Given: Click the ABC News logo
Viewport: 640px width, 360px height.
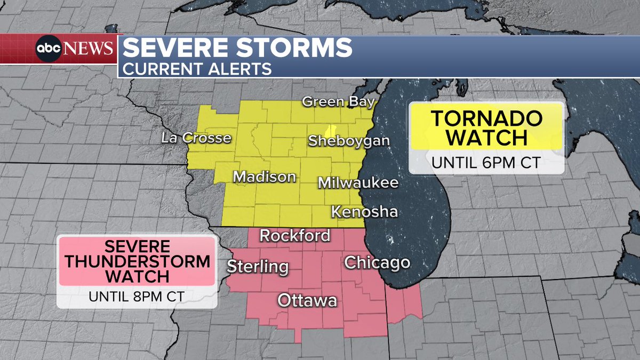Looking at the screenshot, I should click(75, 49).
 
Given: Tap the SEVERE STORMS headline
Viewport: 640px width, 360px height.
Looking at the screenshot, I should click(237, 49).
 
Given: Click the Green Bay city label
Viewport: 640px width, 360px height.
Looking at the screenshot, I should click(339, 102).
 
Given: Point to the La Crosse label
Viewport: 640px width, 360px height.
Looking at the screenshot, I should click(196, 138).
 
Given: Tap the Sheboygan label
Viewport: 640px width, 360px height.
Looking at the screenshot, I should click(349, 141).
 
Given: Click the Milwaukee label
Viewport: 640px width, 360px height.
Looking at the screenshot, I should click(358, 183).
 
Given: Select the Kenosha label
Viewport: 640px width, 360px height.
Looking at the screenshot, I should click(364, 212).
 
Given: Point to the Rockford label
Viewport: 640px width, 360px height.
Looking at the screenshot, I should click(294, 235).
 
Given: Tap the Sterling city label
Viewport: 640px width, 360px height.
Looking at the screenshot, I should click(258, 266).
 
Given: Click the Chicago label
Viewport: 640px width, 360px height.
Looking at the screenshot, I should click(377, 262).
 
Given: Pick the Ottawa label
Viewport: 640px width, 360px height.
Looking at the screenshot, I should click(307, 301).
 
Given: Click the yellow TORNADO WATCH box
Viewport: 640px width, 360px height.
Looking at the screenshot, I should click(486, 126).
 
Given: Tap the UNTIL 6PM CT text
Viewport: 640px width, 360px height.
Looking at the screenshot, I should click(486, 162).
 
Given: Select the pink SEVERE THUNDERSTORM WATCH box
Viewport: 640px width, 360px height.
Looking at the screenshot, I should click(137, 262).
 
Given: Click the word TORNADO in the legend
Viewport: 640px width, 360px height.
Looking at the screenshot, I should click(486, 117).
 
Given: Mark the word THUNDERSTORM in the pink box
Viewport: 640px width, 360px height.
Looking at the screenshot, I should click(137, 262).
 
